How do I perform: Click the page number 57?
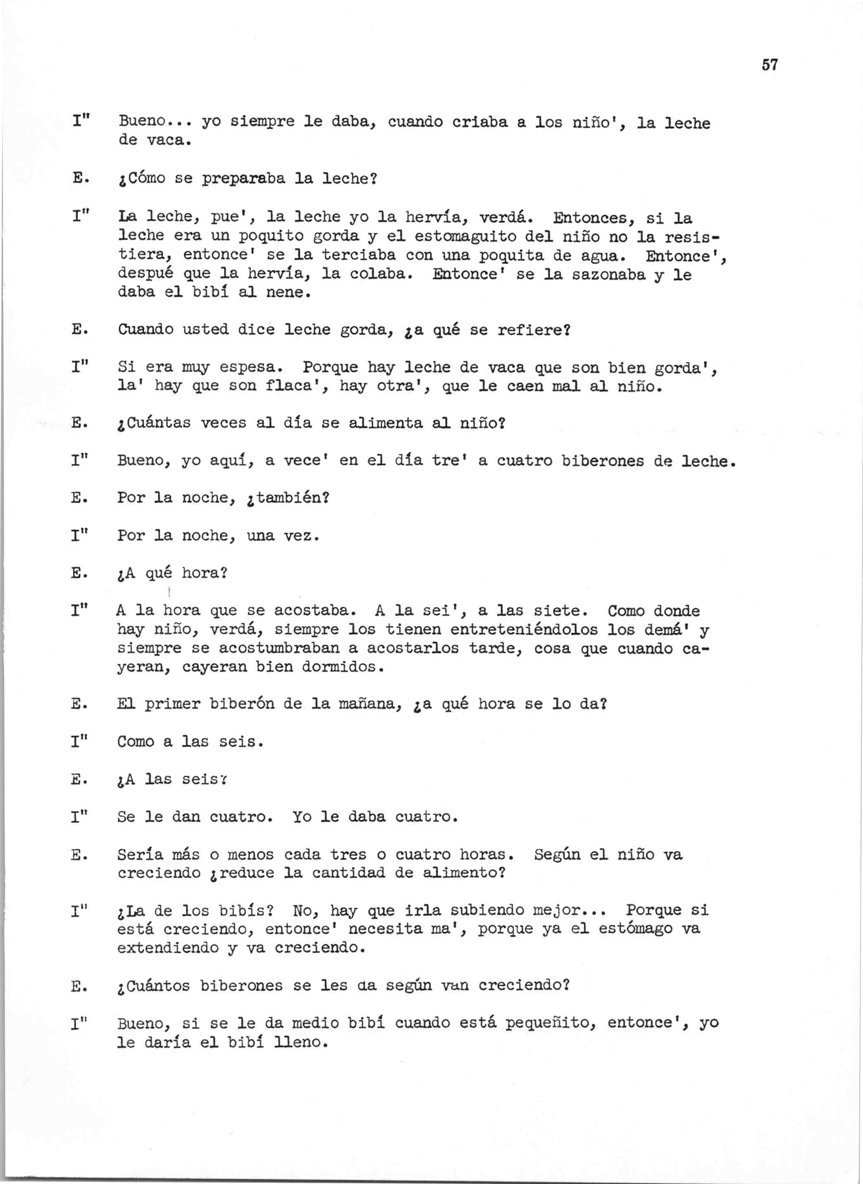770,65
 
